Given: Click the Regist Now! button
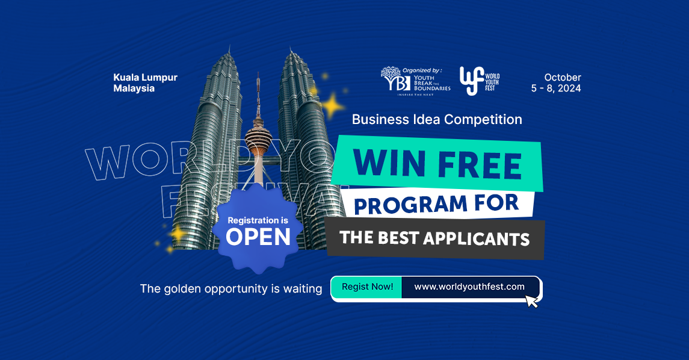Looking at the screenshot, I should (x=367, y=287).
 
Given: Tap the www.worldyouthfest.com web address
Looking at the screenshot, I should (x=469, y=287).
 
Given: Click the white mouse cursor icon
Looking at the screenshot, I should (x=531, y=300).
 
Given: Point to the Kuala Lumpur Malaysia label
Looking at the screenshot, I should (x=145, y=83).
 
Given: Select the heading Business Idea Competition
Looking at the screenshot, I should (x=437, y=119).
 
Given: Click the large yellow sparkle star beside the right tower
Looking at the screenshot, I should (x=332, y=107).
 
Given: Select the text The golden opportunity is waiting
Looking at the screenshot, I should (x=231, y=289).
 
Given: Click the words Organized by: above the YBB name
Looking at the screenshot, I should (x=422, y=70).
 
